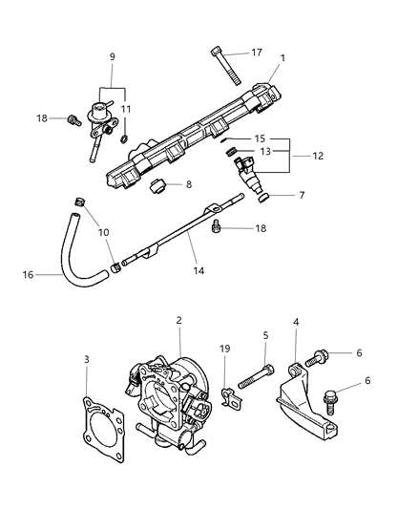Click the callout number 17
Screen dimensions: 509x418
tap(257, 53)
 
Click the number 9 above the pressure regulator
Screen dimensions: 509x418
tap(113, 58)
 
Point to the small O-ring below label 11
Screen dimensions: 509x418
tap(124, 140)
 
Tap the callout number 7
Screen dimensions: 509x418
tap(302, 195)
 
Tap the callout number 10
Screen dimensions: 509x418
tap(103, 233)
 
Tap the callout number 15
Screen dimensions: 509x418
tap(259, 138)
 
